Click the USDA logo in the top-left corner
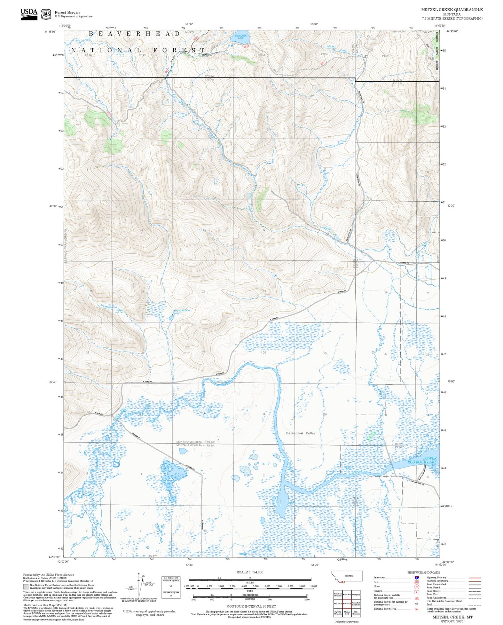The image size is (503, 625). point(29,14)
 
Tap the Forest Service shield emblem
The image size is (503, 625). point(46,14)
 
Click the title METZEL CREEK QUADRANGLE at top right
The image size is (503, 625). point(451,10)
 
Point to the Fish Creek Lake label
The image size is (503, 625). point(240,36)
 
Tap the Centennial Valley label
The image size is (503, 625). point(300,433)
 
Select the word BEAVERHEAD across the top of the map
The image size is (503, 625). point(134,34)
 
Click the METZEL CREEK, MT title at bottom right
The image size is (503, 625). point(452,617)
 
